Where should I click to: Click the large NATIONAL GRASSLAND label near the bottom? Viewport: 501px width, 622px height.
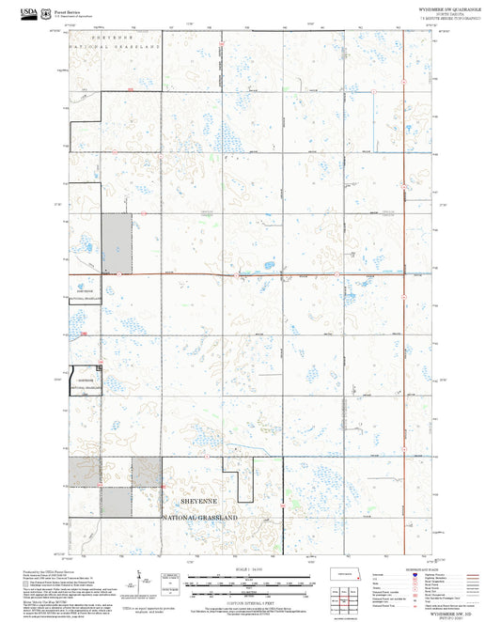click(x=200, y=518)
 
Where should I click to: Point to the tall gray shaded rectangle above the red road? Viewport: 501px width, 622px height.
click(x=116, y=242)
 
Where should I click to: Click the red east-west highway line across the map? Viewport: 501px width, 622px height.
click(x=254, y=274)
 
